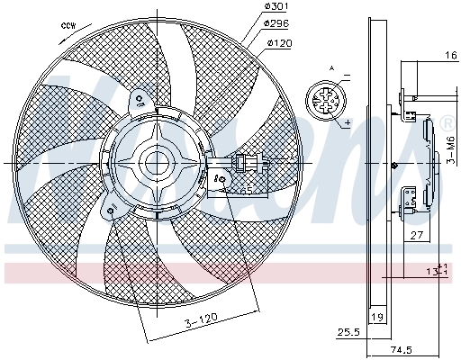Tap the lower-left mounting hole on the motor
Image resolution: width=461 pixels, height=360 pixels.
coord(110,211)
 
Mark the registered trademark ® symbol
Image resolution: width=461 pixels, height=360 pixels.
coord(447,123)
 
